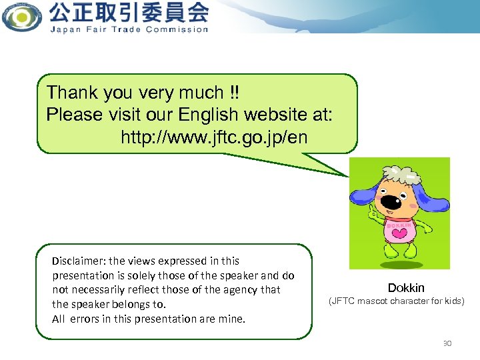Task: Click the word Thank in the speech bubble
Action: tap(72, 93)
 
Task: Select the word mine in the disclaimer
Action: tap(233, 319)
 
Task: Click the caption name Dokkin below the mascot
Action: tap(406, 288)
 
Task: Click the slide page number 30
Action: tap(447, 343)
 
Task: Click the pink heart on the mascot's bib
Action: tap(400, 233)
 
